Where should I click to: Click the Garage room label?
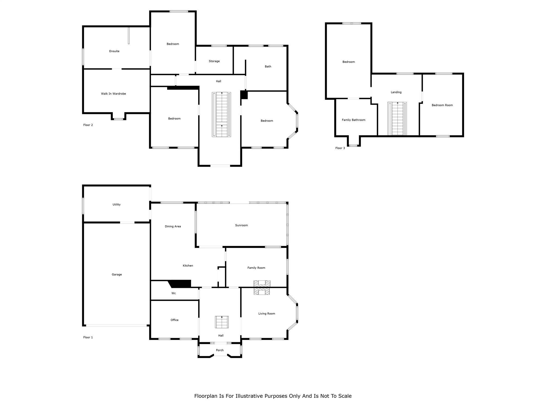pyautogui.click(x=117, y=274)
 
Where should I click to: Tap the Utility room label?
pyautogui.click(x=117, y=204)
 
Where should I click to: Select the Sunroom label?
pyautogui.click(x=242, y=225)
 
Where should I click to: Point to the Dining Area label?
pyautogui.click(x=173, y=226)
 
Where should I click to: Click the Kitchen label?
pyautogui.click(x=188, y=266)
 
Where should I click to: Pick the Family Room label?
pyautogui.click(x=256, y=268)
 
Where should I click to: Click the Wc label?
pyautogui.click(x=174, y=293)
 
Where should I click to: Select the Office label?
pyautogui.click(x=174, y=320)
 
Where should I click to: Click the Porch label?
pyautogui.click(x=220, y=350)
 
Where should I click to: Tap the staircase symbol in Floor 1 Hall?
pyautogui.click(x=222, y=322)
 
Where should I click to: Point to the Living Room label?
pyautogui.click(x=267, y=314)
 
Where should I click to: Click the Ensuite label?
pyautogui.click(x=114, y=51)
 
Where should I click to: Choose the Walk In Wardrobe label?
pyautogui.click(x=114, y=94)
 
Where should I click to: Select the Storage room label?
pyautogui.click(x=214, y=61)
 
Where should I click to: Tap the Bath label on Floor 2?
pyautogui.click(x=268, y=66)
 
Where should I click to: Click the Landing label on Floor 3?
pyautogui.click(x=396, y=92)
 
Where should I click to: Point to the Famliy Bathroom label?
pyautogui.click(x=354, y=120)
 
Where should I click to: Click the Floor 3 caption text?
pyautogui.click(x=340, y=148)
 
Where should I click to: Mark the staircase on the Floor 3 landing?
pyautogui.click(x=397, y=119)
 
